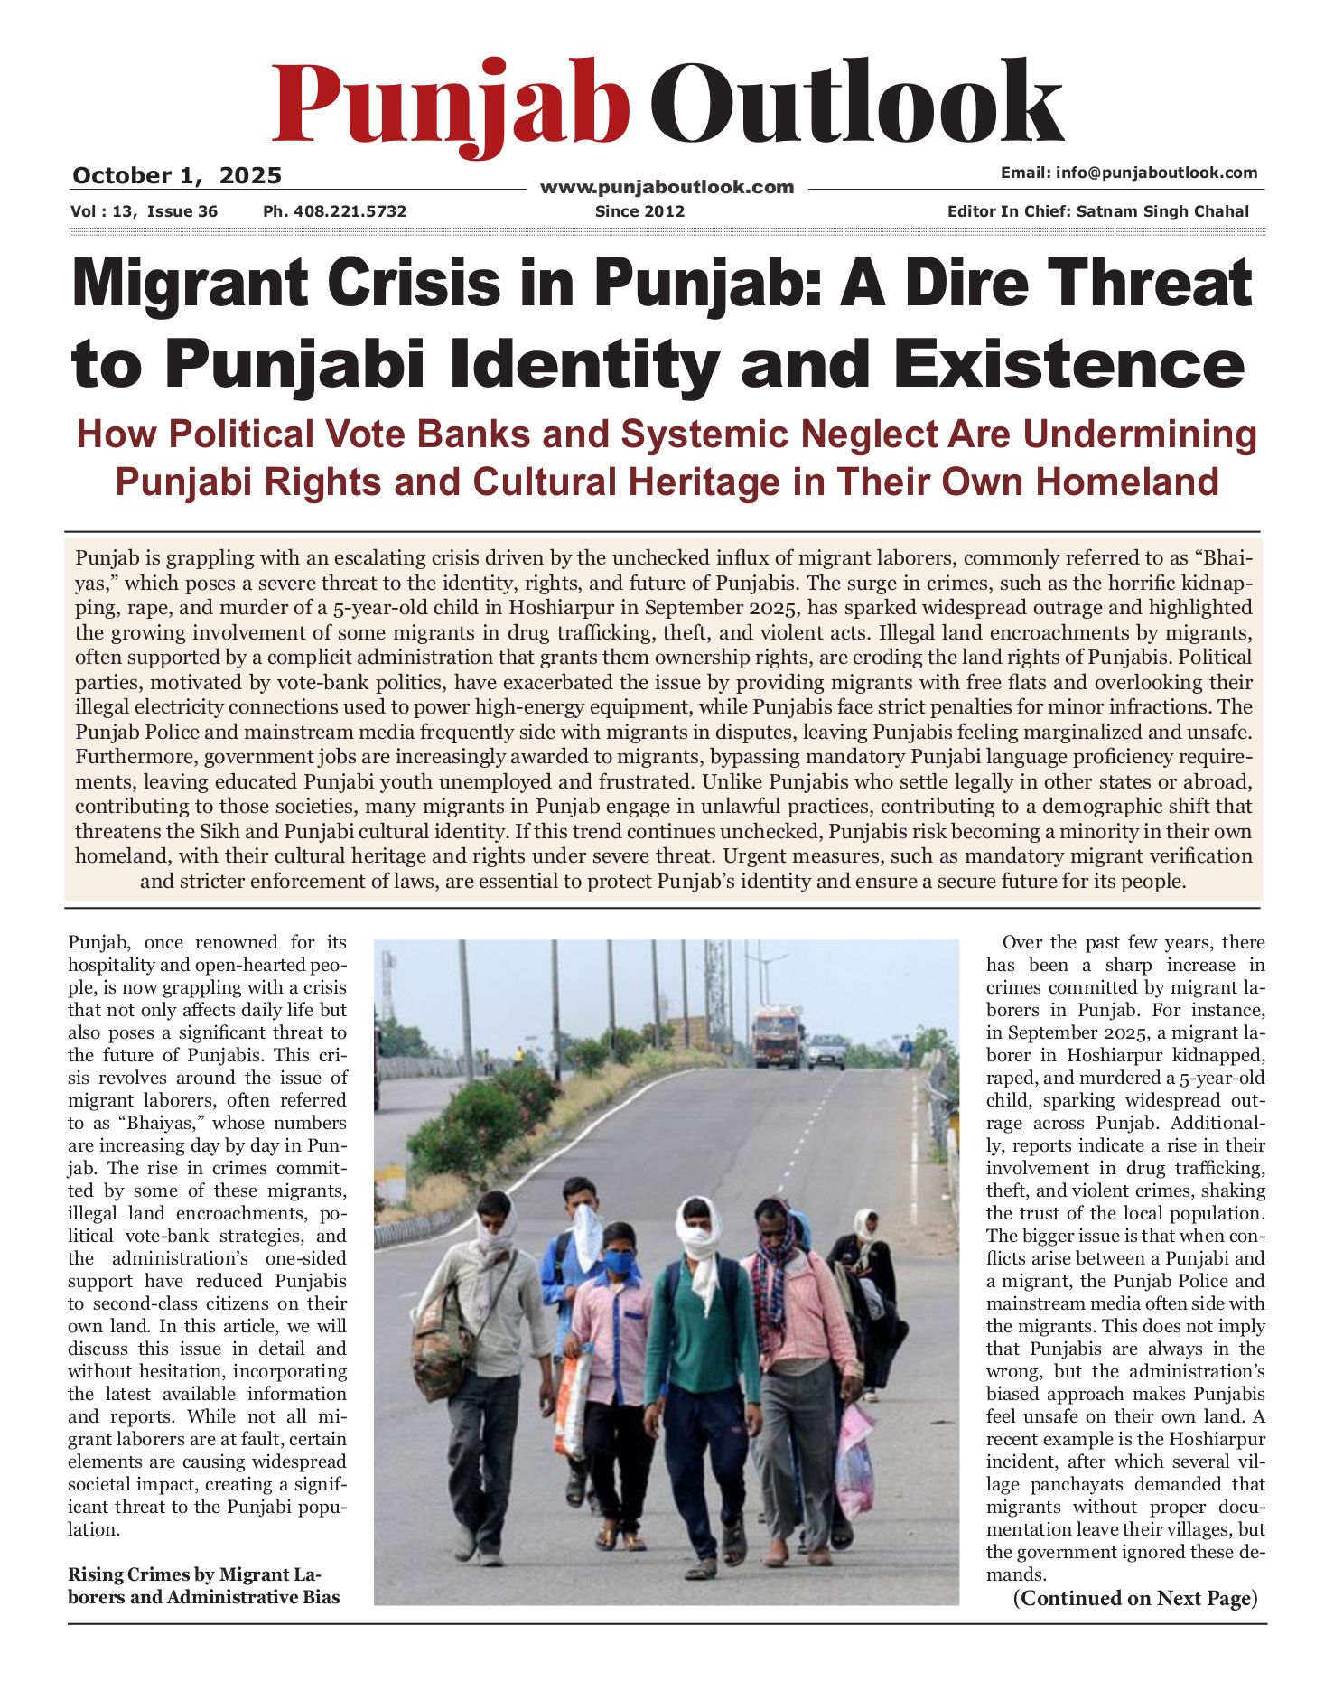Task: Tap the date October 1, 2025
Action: [177, 175]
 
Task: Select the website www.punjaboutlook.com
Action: [667, 187]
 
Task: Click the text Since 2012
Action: [639, 211]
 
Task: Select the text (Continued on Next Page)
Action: [1135, 1598]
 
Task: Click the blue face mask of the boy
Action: [619, 1261]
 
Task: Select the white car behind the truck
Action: [826, 1051]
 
